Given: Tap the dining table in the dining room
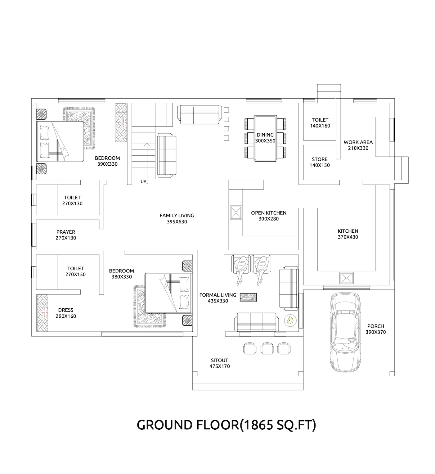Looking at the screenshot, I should pos(265,138).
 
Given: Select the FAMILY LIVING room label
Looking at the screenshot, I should pos(177,215).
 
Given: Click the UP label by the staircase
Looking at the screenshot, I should pos(143,181).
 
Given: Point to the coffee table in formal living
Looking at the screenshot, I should pos(248,298).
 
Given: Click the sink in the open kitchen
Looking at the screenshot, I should pos(236,213).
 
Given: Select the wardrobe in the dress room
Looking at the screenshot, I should pos(43,313).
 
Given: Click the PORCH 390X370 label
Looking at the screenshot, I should pos(375,329).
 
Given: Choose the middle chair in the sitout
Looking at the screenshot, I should pos(267,348).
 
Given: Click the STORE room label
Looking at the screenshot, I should pos(320,159).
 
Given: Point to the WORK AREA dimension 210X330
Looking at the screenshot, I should pos(358,148).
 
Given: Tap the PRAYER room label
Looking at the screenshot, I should pos(66,232).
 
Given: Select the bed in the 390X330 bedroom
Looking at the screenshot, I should pos(60,141).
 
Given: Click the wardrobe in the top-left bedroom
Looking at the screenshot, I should pos(121,123).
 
